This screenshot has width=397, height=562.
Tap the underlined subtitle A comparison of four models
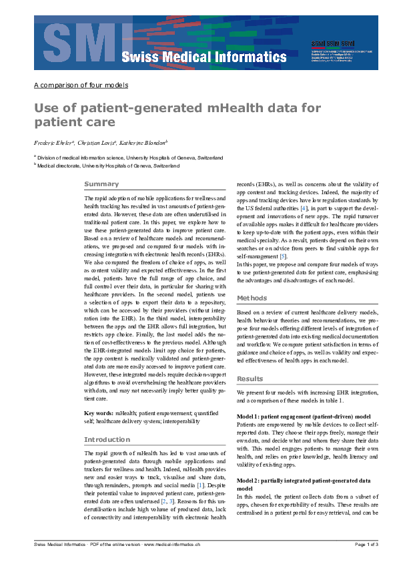tap(81, 85)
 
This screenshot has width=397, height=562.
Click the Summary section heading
tap(101, 184)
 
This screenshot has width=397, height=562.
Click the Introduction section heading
tap(107, 440)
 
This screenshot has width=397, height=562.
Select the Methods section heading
tap(252, 298)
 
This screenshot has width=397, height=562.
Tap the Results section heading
tap(251, 379)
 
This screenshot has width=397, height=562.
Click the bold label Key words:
tap(99, 414)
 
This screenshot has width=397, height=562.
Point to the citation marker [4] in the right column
tap(304, 209)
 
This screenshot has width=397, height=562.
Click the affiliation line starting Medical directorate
tap(108, 165)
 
